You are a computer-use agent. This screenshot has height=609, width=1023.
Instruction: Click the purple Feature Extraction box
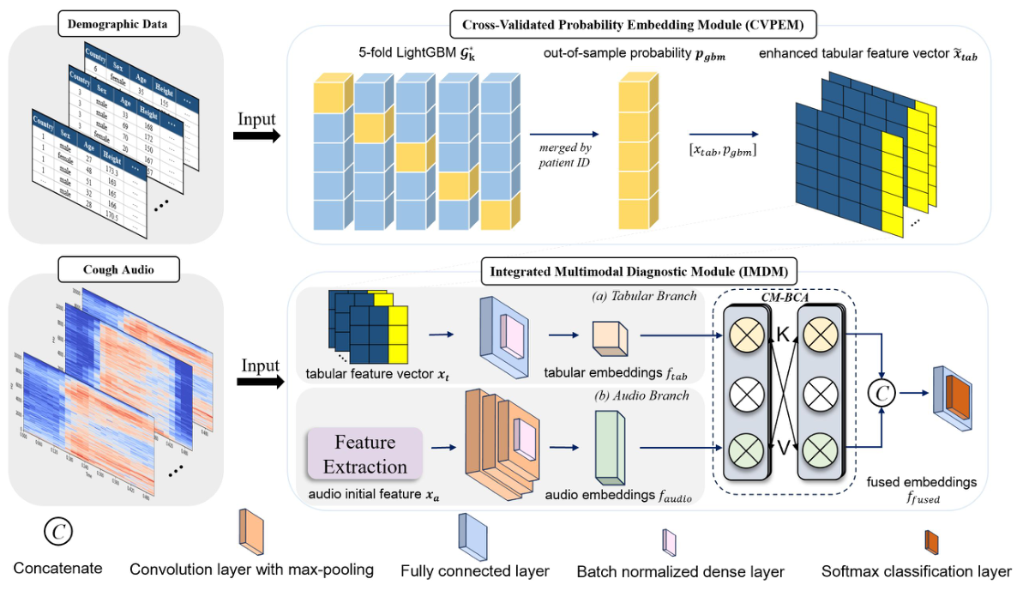click(x=365, y=455)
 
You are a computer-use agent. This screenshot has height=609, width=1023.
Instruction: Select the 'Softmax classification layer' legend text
click(x=916, y=570)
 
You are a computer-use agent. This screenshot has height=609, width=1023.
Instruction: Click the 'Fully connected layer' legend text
click(x=475, y=570)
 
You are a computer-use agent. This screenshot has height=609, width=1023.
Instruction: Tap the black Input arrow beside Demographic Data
click(x=257, y=136)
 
